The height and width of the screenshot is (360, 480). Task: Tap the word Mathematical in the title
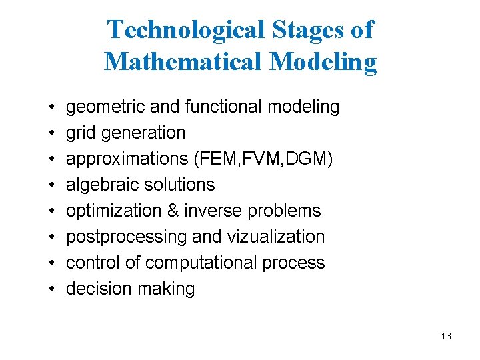184,61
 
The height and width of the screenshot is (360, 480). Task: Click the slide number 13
446,336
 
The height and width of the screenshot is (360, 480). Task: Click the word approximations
123,159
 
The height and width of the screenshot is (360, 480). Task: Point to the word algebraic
101,185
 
